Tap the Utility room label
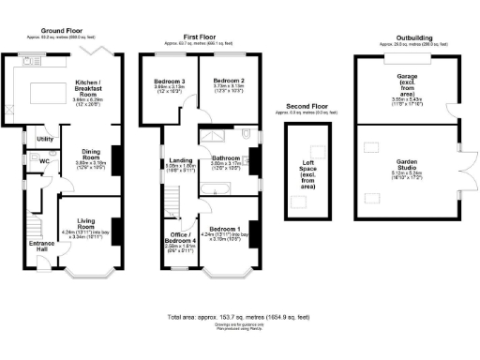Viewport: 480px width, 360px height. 44,139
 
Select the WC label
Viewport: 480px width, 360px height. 44,161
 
